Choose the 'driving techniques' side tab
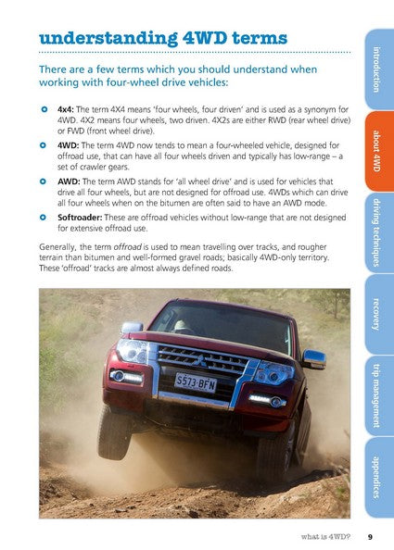pyautogui.click(x=377, y=232)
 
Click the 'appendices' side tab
pyautogui.click(x=377, y=476)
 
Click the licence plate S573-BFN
pyautogui.click(x=197, y=381)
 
